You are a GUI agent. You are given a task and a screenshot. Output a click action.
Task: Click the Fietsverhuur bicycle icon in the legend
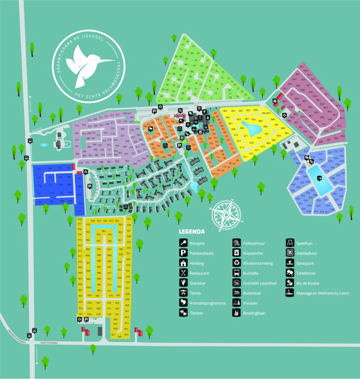click(236, 243)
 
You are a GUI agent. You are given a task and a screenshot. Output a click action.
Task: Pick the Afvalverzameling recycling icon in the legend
click(236, 263)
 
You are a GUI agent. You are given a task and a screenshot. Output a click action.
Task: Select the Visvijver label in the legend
click(252, 303)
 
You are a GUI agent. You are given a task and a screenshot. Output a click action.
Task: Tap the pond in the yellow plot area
click(253, 129)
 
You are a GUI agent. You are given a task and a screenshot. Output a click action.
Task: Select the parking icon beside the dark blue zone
click(89, 187)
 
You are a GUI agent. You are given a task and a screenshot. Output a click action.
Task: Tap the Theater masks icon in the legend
click(183, 313)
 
